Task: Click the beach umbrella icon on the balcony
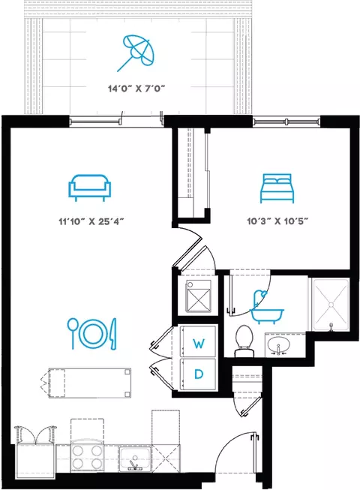[137, 51]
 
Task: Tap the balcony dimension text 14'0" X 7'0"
[136, 89]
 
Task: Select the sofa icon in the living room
[89, 188]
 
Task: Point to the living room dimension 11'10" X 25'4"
[91, 221]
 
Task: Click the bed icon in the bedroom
[277, 188]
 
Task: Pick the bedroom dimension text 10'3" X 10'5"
[277, 221]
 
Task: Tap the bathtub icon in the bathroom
[267, 307]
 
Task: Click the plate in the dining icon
[91, 334]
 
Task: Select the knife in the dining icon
[112, 334]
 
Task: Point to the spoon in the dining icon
[72, 333]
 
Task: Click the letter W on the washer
[199, 344]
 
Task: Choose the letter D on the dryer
[198, 374]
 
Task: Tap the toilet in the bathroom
[244, 341]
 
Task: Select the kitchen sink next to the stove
[135, 458]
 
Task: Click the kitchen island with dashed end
[89, 383]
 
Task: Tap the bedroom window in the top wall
[286, 122]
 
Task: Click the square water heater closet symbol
[198, 296]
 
